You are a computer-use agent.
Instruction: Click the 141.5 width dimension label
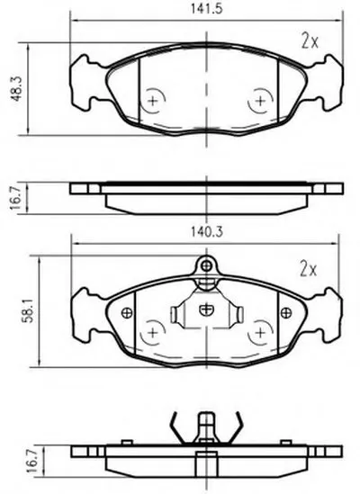pos(206,8)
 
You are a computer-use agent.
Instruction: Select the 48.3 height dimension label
pos(16,88)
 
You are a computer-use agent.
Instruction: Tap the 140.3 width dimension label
pos(206,232)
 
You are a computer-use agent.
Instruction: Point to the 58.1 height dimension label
pos(27,311)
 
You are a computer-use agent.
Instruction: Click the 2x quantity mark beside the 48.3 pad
pos(310,40)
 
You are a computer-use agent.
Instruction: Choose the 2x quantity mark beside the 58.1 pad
pos(309,269)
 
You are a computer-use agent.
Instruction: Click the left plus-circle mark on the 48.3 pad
pos(153,101)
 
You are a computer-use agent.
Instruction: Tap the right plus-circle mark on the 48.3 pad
pos(260,101)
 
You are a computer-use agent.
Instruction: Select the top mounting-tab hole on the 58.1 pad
pos(206,266)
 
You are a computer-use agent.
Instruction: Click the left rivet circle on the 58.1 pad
pos(127,312)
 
